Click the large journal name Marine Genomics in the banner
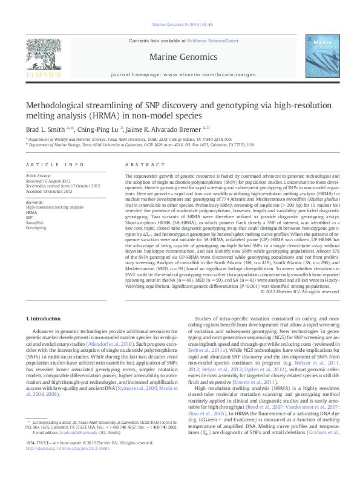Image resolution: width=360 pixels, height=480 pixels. click(x=180, y=57)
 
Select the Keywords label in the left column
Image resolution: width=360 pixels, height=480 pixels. click(x=34, y=202)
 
